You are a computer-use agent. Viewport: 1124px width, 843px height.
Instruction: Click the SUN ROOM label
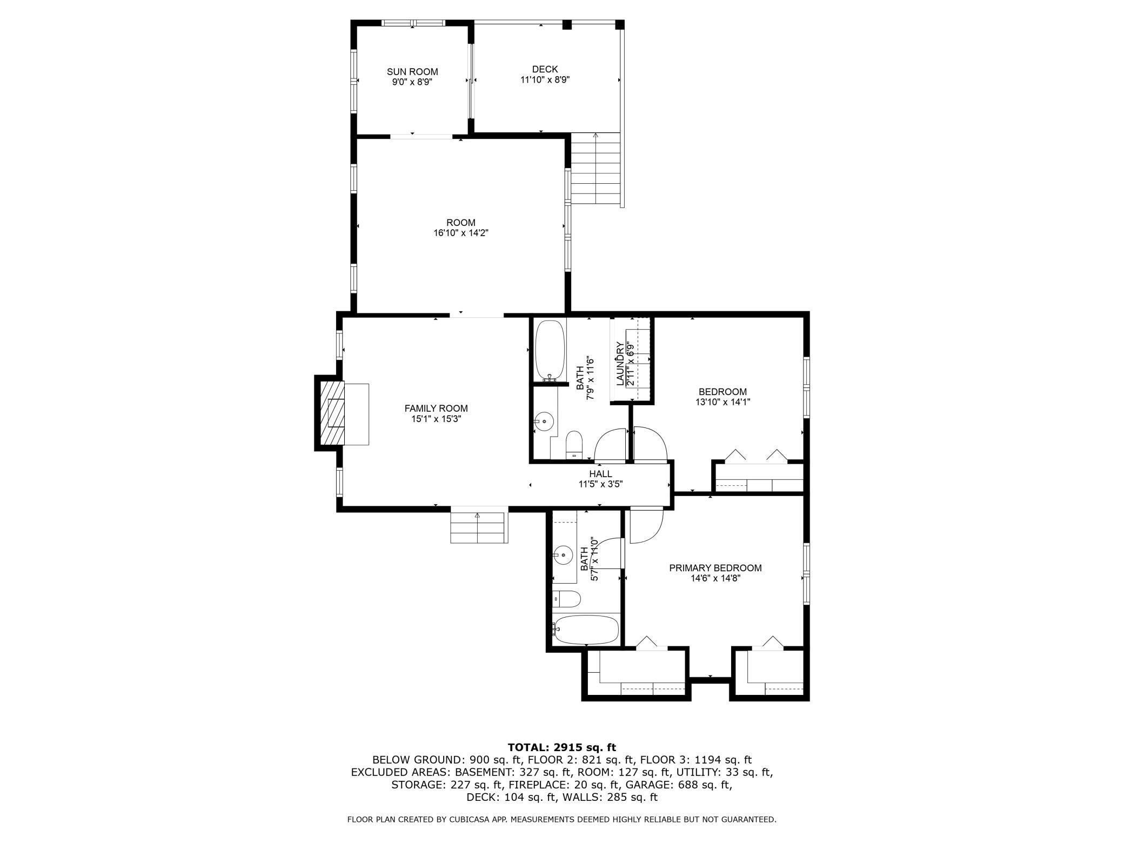[x=412, y=72]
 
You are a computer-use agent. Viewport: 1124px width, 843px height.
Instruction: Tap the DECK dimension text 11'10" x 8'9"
[x=545, y=80]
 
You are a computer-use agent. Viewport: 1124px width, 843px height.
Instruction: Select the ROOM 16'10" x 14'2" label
[x=460, y=228]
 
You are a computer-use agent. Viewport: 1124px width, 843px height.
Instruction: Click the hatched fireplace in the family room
[x=331, y=413]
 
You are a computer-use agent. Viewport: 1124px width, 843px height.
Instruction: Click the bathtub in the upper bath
[x=550, y=350]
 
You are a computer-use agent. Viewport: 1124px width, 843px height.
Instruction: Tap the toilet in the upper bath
[x=573, y=444]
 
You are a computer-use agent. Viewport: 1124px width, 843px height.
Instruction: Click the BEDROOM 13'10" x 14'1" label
[x=722, y=397]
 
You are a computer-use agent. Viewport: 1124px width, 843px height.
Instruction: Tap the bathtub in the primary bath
[x=586, y=630]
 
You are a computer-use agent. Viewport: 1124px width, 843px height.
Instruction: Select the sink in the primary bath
[x=564, y=554]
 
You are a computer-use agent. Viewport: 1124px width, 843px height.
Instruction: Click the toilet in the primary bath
[x=567, y=599]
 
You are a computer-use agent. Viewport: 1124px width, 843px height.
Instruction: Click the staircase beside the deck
[x=596, y=169]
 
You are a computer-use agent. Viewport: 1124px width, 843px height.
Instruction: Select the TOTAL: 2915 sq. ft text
[x=561, y=747]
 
